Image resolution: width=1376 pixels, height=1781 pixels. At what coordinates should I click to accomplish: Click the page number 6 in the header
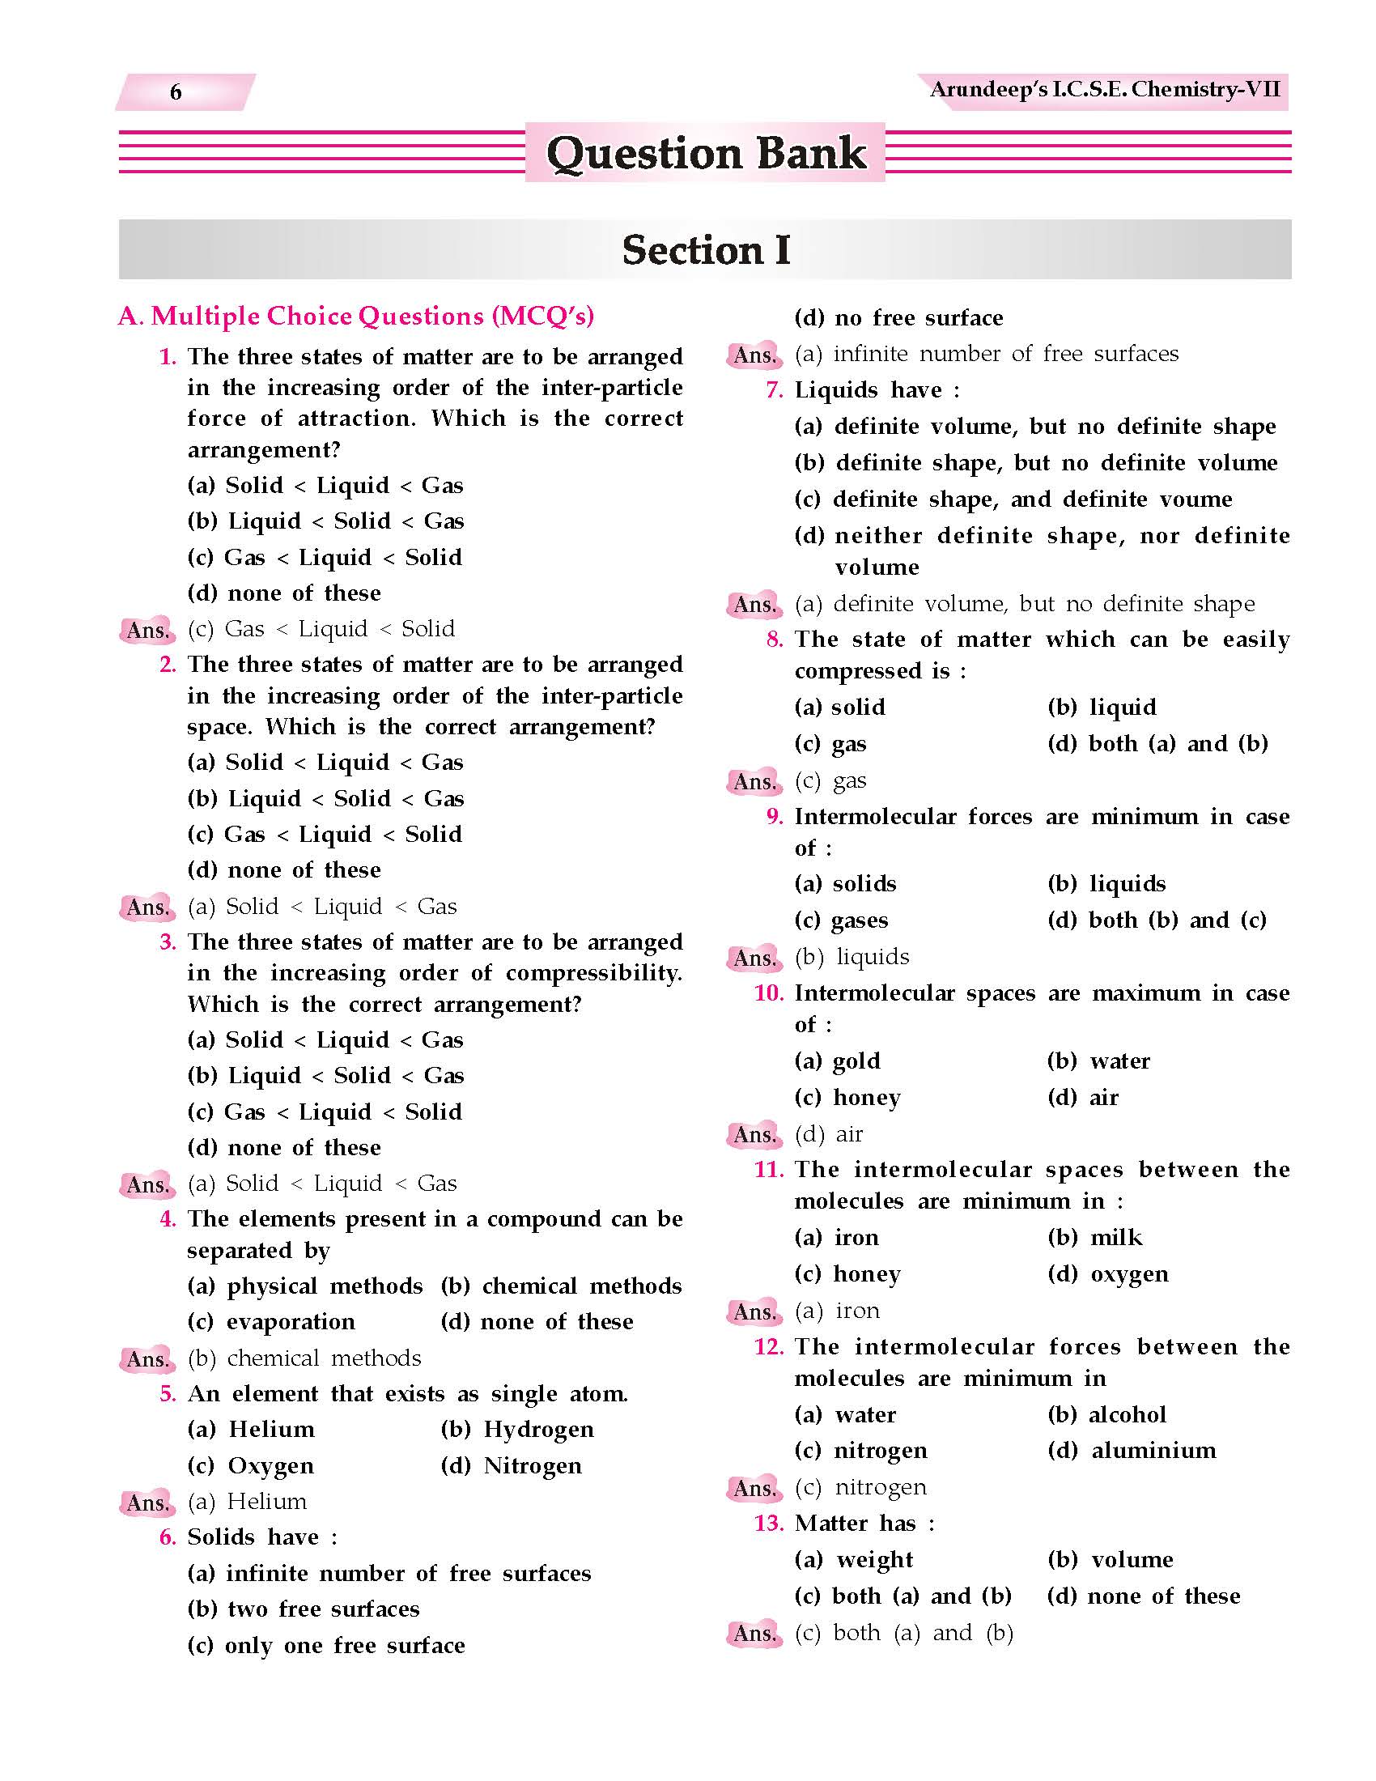176,92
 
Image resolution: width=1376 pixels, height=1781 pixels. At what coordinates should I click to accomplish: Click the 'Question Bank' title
706,153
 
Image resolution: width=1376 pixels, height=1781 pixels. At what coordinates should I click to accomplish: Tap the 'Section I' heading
706,249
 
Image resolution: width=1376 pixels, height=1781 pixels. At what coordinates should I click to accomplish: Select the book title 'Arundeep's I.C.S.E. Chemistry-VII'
1105,89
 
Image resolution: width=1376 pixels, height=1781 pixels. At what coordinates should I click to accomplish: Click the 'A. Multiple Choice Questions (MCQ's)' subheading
356,316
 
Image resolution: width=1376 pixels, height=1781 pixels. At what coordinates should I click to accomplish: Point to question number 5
167,1394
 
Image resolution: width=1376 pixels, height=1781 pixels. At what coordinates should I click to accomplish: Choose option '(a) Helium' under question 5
250,1430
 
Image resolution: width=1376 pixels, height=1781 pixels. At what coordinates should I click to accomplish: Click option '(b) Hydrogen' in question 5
517,1430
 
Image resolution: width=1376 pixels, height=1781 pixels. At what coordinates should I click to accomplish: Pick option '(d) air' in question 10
1082,1098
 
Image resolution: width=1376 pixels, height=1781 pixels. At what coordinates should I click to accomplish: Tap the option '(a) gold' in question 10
837,1061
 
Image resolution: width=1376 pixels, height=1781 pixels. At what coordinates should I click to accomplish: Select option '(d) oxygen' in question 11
1108,1273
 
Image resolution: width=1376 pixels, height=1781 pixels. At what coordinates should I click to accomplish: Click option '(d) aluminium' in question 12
1132,1451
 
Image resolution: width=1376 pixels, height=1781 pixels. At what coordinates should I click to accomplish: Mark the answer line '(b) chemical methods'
304,1358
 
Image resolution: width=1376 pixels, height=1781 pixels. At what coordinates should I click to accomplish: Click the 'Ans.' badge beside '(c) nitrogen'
754,1488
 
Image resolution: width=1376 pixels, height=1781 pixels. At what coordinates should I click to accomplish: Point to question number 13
769,1524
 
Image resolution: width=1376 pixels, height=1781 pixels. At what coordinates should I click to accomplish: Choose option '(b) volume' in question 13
1111,1560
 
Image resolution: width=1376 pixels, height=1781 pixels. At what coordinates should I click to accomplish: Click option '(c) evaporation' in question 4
270,1322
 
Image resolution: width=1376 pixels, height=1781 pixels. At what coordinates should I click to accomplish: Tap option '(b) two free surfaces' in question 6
304,1609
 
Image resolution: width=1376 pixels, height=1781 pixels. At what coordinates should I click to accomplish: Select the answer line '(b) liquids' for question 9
852,957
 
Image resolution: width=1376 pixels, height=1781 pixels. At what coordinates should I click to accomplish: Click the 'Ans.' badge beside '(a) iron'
754,1311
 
